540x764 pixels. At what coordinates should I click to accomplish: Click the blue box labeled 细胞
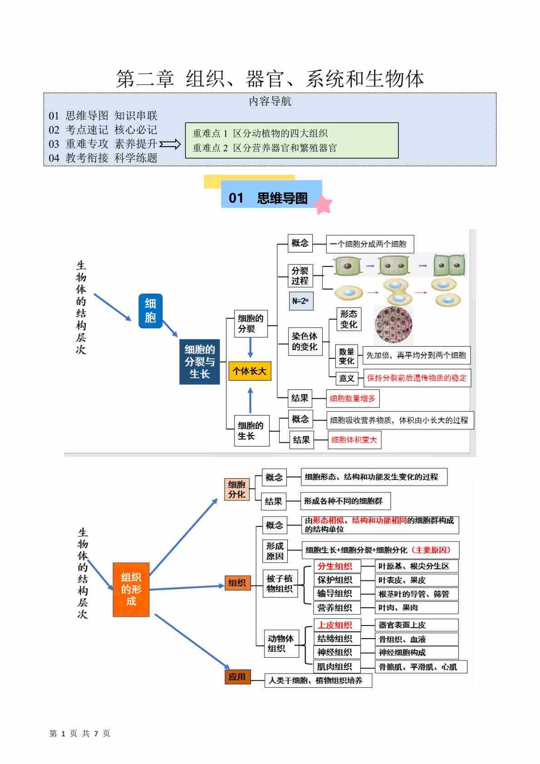pyautogui.click(x=150, y=311)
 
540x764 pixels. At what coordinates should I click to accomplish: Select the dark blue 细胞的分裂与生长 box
pyautogui.click(x=200, y=362)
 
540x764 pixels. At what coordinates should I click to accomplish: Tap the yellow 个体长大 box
pyautogui.click(x=250, y=371)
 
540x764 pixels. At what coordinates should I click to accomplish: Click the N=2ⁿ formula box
pyautogui.click(x=301, y=301)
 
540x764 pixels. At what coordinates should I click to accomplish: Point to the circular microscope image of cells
pyautogui.click(x=393, y=324)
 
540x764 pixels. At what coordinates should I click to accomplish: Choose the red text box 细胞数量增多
pyautogui.click(x=353, y=398)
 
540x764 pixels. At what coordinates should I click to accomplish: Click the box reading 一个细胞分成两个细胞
pyautogui.click(x=369, y=244)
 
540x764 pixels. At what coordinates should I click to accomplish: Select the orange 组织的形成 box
pyautogui.click(x=131, y=589)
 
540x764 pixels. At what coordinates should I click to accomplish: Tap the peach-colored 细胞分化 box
pyautogui.click(x=236, y=489)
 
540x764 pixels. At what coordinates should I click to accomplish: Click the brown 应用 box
pyautogui.click(x=237, y=677)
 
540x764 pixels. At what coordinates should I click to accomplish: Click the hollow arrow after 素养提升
pyautogui.click(x=170, y=144)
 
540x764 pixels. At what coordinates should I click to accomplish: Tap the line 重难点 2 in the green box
pyautogui.click(x=265, y=148)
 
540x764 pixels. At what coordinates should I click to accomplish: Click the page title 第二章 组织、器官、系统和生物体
pyautogui.click(x=270, y=79)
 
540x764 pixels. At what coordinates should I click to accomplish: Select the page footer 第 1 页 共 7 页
pyautogui.click(x=80, y=733)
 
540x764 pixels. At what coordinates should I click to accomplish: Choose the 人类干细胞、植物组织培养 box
pyautogui.click(x=318, y=680)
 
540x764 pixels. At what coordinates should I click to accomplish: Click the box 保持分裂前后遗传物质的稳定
pyautogui.click(x=416, y=378)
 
